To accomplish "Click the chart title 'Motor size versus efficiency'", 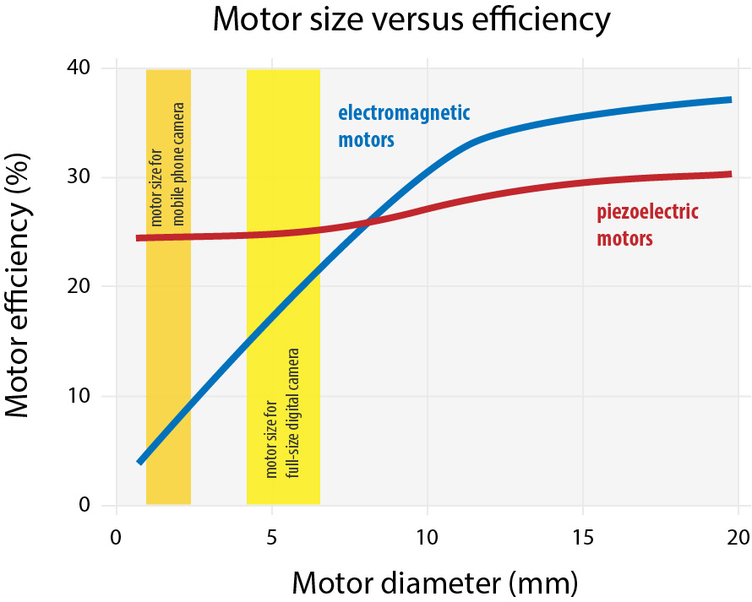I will click(x=411, y=20).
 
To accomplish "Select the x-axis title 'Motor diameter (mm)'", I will click(x=435, y=583).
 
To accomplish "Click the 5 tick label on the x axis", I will click(x=272, y=538).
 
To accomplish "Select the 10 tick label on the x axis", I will click(x=428, y=538).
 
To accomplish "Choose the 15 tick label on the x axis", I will click(x=583, y=538).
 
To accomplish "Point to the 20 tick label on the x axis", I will click(x=738, y=538).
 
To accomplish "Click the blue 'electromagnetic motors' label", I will click(x=404, y=126).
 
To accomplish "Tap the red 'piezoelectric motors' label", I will click(x=647, y=225).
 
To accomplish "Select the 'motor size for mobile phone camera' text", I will click(x=168, y=165).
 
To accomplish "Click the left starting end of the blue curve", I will click(x=140, y=462).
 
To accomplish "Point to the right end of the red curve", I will click(x=729, y=174).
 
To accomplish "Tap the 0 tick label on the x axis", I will click(x=117, y=538).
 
